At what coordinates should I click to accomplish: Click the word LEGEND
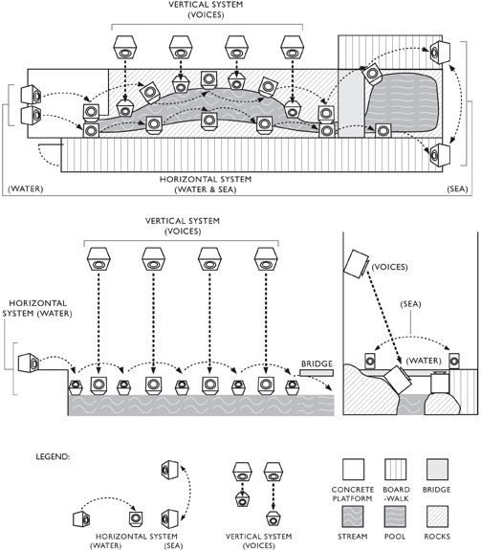click(53, 456)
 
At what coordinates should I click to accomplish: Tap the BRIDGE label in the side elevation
click(317, 363)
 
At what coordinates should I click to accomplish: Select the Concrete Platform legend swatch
click(353, 470)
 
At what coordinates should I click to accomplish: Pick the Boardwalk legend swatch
click(396, 470)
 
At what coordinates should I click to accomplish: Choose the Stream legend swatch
click(353, 517)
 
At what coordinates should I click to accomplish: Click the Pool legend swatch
click(396, 517)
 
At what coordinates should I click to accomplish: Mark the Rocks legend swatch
click(438, 517)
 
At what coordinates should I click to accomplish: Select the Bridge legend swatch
click(438, 470)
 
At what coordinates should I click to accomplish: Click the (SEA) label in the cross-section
click(410, 304)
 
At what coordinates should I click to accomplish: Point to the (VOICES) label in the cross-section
click(389, 267)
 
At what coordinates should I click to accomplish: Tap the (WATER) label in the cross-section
click(424, 361)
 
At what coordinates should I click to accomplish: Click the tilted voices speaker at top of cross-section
click(356, 264)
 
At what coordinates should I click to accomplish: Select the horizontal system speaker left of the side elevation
click(29, 363)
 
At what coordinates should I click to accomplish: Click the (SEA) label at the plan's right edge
click(457, 189)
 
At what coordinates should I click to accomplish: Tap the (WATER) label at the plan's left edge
click(26, 189)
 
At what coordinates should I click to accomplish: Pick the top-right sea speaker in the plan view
click(440, 53)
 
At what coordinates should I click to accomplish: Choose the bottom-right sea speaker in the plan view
click(440, 155)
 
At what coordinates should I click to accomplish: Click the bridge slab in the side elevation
click(317, 373)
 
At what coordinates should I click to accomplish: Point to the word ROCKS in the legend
click(437, 537)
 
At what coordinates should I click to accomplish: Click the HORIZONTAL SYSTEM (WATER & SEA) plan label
click(206, 185)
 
